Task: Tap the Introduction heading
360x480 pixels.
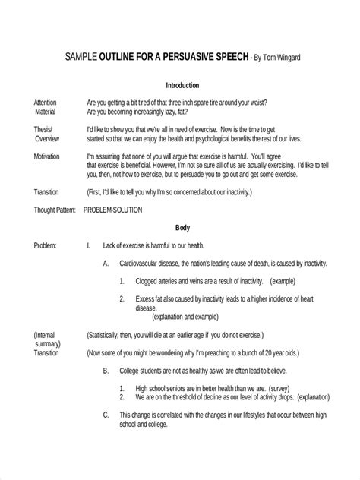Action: click(x=182, y=87)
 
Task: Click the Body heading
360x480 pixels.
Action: click(x=183, y=226)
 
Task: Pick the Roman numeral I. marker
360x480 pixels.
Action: click(x=90, y=245)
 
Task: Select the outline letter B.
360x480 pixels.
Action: click(x=106, y=371)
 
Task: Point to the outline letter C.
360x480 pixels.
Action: click(x=106, y=415)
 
